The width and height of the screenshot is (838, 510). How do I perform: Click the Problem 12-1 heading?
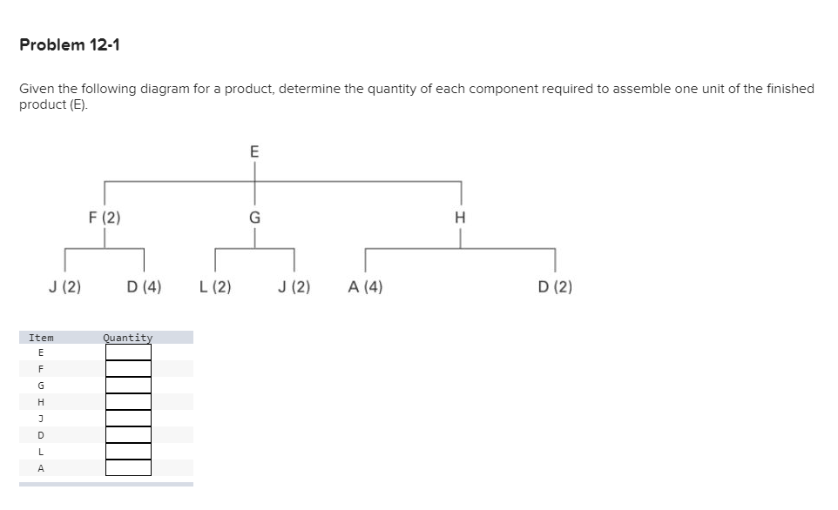70,44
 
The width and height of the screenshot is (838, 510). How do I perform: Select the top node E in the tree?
254,151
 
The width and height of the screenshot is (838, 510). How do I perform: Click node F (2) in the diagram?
105,218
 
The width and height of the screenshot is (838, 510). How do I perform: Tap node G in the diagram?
254,218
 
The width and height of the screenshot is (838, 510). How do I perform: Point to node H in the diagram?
461,218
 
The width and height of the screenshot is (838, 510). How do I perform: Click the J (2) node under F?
64,286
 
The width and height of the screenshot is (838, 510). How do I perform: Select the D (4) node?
144,286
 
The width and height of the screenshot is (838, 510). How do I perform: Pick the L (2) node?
215,286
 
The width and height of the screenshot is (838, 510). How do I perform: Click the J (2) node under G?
294,286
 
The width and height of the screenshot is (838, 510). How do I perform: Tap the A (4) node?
365,286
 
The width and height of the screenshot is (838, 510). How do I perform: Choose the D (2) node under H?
555,286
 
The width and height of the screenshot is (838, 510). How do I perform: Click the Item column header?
41,338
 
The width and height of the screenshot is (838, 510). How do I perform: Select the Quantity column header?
127,338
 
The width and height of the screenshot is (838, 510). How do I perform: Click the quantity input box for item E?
128,352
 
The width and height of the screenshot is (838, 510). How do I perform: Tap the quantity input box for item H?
128,402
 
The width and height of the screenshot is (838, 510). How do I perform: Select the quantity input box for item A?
128,468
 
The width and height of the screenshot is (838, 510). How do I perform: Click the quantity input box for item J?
128,419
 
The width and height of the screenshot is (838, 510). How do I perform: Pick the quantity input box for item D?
128,435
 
